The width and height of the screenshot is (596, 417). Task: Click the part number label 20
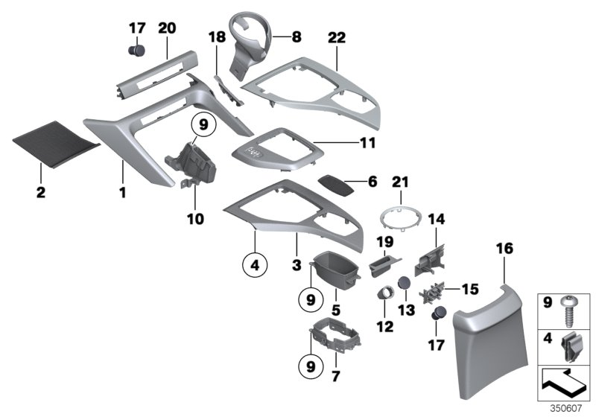(167, 28)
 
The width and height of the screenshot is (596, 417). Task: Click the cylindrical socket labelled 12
(386, 290)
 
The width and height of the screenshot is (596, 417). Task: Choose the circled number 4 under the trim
(254, 264)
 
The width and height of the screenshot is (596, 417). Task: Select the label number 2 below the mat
(40, 193)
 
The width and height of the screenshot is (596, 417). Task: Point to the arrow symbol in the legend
(568, 385)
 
